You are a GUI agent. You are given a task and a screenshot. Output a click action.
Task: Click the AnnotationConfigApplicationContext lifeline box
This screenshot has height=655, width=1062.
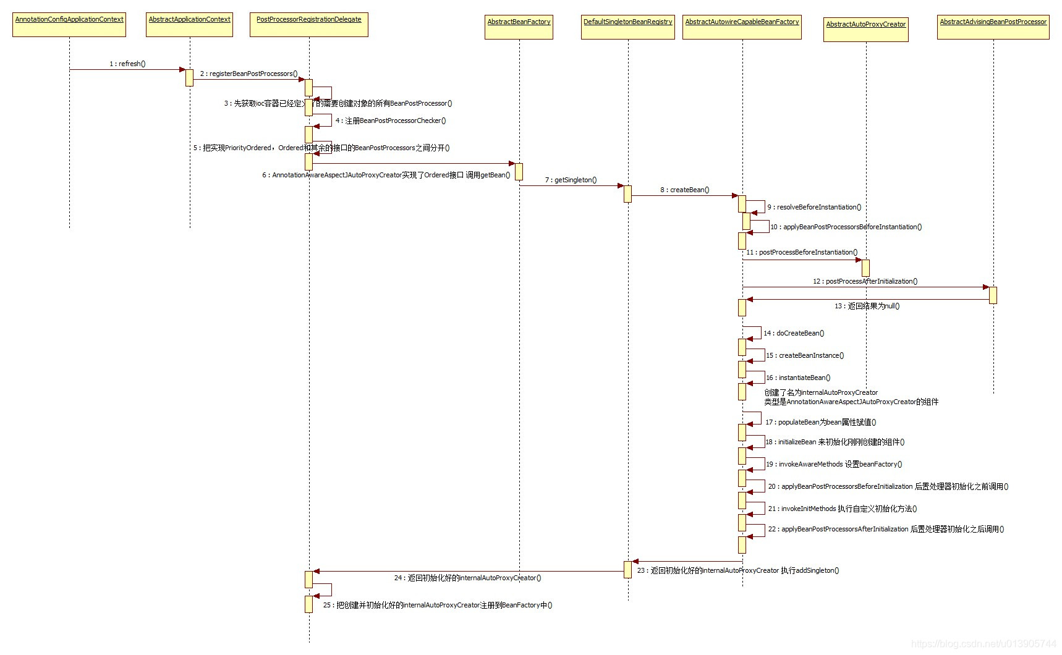(x=69, y=25)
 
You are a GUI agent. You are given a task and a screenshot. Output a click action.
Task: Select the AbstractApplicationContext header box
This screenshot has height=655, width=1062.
(x=189, y=25)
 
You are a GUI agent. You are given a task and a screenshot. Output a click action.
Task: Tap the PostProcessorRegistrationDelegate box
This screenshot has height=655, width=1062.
(x=308, y=25)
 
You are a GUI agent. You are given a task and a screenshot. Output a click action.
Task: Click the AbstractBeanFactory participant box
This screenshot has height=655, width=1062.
(x=519, y=27)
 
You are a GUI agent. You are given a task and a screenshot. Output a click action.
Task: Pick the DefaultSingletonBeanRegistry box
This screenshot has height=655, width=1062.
(x=627, y=27)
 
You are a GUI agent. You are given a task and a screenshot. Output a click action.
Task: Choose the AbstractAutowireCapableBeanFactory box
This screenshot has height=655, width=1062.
(x=742, y=27)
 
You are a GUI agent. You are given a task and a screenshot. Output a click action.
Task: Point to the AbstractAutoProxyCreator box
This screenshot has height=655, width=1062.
(x=865, y=30)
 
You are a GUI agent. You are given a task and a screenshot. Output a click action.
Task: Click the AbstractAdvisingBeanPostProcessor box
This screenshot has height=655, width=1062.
(x=993, y=27)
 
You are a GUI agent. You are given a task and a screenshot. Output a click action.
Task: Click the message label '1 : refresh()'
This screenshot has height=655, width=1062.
(x=127, y=64)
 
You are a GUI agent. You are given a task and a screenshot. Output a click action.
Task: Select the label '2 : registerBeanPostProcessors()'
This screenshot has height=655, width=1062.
(x=249, y=74)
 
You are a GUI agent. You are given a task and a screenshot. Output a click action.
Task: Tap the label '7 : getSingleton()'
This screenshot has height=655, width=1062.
(x=571, y=180)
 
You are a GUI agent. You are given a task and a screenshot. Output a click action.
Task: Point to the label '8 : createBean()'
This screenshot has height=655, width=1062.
(x=684, y=190)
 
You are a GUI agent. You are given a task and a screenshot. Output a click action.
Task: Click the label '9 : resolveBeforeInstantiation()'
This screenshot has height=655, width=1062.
(x=814, y=207)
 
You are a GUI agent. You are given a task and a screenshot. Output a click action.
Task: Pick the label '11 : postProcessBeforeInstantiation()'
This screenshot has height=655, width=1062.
(x=802, y=252)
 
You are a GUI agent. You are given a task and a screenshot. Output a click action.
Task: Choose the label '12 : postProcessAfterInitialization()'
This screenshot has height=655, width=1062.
(x=865, y=281)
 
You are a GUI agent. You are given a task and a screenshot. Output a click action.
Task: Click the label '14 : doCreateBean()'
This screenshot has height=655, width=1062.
(x=794, y=333)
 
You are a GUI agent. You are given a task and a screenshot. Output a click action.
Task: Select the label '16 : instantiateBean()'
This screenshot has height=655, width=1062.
(x=798, y=378)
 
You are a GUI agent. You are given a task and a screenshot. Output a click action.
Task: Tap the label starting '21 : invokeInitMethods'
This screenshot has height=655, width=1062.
(x=843, y=509)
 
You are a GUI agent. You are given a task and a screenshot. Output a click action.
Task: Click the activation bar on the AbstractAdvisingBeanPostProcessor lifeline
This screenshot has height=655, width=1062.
(x=993, y=295)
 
